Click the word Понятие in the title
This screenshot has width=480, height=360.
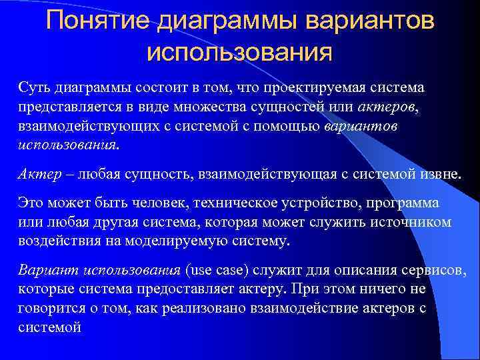pos(98,22)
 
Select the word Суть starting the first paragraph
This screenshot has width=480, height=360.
pos(31,88)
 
